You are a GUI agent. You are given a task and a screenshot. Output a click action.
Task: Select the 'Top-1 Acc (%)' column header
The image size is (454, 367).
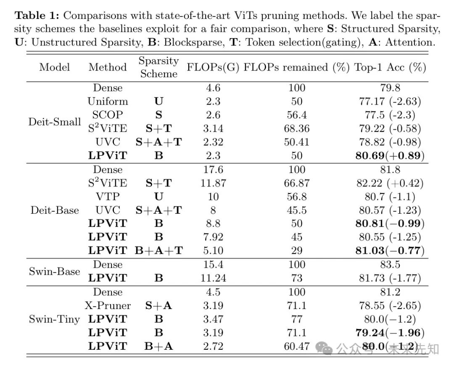[391, 67]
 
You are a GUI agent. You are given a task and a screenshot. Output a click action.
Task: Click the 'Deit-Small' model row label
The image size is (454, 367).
[55, 122]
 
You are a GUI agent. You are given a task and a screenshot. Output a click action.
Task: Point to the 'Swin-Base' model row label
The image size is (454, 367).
[54, 271]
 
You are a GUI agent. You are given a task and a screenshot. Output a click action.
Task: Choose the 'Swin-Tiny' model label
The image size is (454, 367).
[54, 319]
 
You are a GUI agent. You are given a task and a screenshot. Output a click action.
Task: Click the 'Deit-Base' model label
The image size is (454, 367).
[55, 210]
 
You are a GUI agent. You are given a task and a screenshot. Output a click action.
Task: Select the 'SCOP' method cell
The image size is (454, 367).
[108, 115]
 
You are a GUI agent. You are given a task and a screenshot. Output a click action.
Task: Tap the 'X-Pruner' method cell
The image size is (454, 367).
[108, 306]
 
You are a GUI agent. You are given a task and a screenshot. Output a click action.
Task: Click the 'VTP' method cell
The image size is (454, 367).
[108, 197]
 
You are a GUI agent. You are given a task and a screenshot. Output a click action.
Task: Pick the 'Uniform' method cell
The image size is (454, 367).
[108, 101]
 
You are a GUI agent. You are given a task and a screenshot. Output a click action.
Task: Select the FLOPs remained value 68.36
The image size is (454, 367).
[296, 128]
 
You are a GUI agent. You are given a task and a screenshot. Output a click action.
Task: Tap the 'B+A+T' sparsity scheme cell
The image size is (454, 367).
[158, 251]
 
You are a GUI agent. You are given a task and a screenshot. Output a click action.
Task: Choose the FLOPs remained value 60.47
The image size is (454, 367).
[296, 346]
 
